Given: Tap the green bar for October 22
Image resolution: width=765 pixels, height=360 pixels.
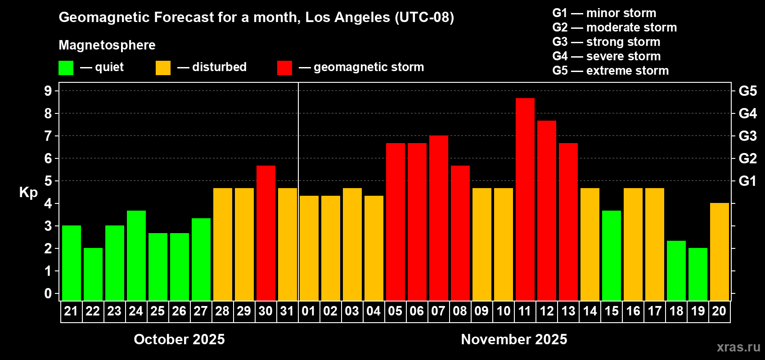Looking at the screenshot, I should click(x=93, y=274).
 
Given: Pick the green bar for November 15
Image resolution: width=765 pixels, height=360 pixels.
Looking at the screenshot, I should click(x=612, y=256).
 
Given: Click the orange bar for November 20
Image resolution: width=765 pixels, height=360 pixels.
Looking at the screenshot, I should click(x=720, y=252).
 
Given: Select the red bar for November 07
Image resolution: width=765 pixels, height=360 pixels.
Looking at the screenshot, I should click(x=439, y=218).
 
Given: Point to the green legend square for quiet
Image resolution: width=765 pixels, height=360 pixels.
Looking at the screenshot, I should click(x=66, y=68).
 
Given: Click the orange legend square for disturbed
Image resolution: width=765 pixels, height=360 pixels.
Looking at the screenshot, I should click(x=163, y=68).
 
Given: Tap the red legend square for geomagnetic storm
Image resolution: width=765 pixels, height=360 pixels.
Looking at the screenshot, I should click(x=284, y=68).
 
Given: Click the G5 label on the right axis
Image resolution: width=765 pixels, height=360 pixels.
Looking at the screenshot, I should click(x=747, y=91).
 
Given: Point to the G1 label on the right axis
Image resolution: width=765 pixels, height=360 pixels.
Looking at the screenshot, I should click(x=747, y=181).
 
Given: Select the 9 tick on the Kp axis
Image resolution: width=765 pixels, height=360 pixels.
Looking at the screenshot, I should click(x=48, y=91).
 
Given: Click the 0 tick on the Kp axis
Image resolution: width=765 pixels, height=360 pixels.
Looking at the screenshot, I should click(x=48, y=293).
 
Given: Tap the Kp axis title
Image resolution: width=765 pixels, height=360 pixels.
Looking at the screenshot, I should click(x=28, y=192).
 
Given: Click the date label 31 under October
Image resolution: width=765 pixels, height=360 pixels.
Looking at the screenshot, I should click(x=287, y=311).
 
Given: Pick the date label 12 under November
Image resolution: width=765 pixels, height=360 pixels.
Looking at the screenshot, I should click(x=547, y=311).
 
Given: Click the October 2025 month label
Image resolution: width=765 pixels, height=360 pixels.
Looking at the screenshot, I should click(x=179, y=339).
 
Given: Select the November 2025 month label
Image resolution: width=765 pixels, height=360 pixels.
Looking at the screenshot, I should click(x=514, y=339).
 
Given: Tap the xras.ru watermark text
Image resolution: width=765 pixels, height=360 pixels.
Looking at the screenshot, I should click(x=738, y=347).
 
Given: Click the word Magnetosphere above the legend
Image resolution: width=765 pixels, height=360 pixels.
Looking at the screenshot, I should click(x=107, y=45).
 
